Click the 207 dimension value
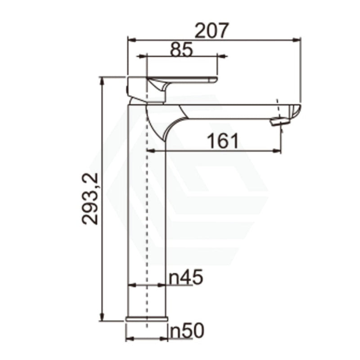(x=211, y=30)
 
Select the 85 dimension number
(x=181, y=50)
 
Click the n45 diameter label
(x=186, y=277)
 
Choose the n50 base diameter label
(x=186, y=331)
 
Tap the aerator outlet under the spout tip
(x=278, y=121)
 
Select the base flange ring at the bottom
(x=147, y=319)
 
